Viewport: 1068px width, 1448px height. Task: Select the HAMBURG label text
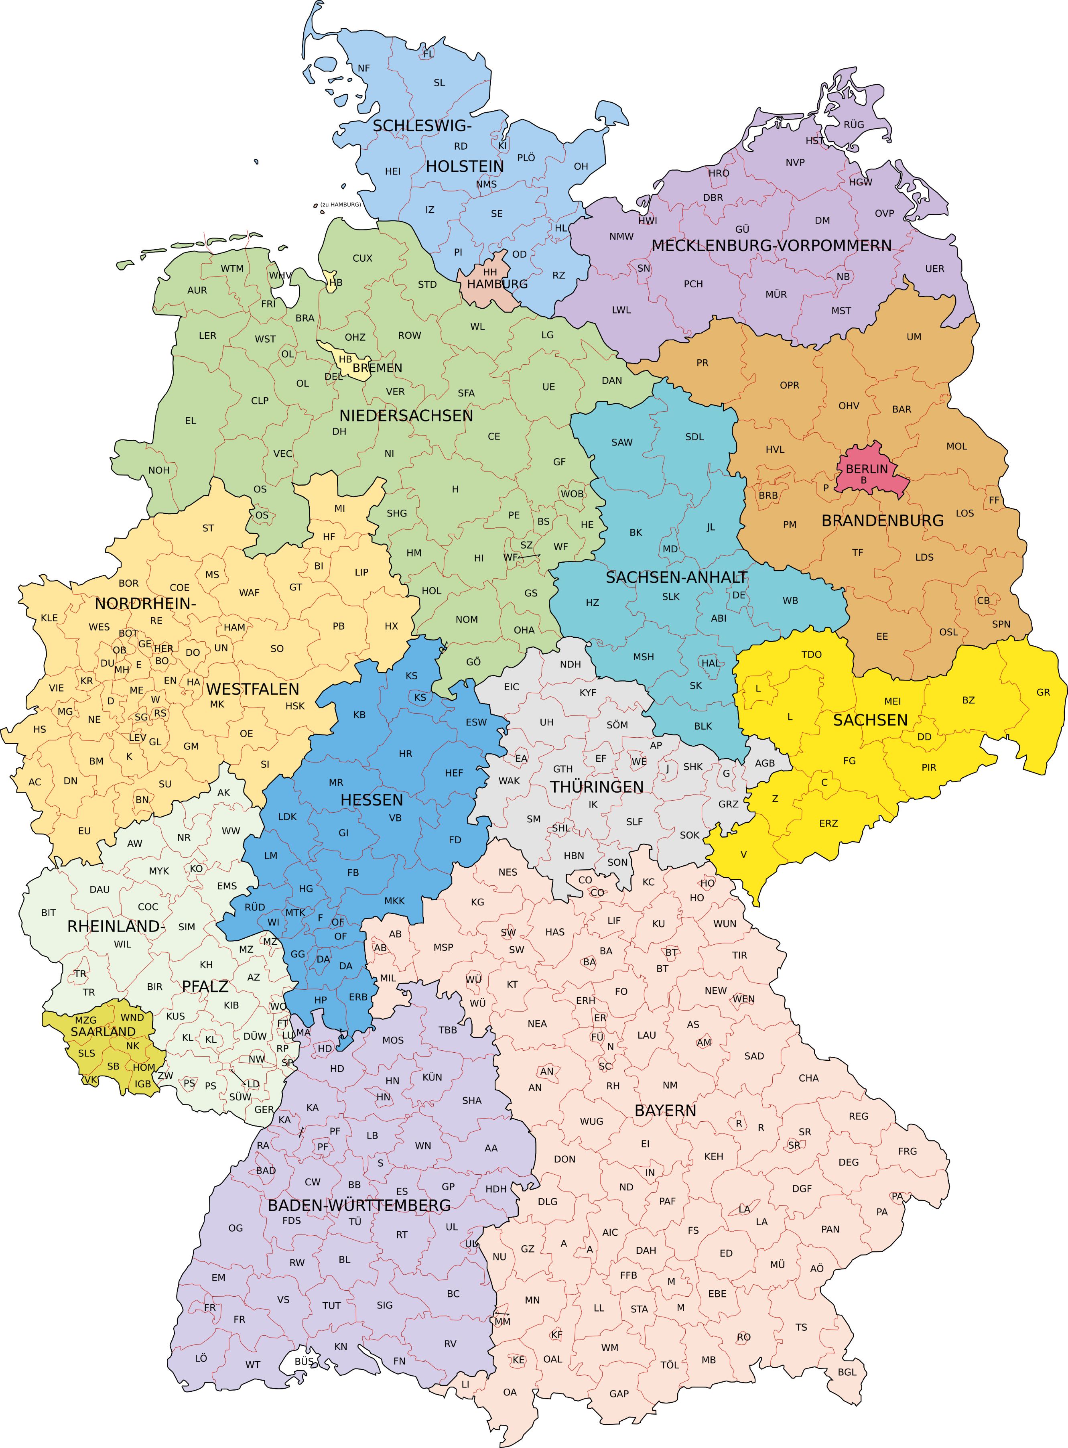[x=497, y=284]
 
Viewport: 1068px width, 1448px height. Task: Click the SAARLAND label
[x=104, y=1031]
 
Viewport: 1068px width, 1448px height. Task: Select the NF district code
[x=364, y=69]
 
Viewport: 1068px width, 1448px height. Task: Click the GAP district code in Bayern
[x=619, y=1394]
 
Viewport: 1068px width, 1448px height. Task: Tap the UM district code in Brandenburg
[x=914, y=337]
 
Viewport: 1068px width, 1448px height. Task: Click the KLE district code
[x=49, y=618]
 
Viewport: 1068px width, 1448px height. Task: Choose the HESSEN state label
[x=372, y=800]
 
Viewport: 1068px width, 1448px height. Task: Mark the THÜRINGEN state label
[x=596, y=787]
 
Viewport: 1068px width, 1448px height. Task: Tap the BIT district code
[x=49, y=913]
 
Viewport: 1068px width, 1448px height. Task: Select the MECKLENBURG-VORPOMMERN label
[x=771, y=246]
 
